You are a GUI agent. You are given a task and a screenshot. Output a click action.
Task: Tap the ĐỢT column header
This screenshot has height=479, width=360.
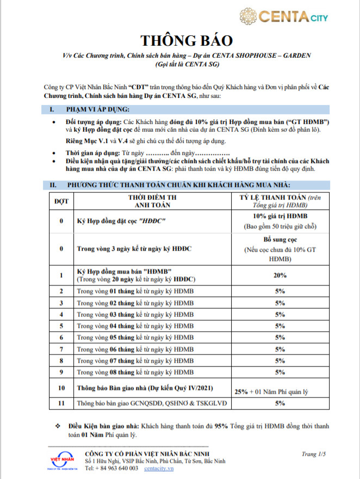[x=61, y=201]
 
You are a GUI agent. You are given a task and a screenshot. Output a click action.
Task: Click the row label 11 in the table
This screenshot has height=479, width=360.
[x=61, y=403]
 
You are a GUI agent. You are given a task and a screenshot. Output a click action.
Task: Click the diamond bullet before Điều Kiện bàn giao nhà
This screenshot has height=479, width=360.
[x=58, y=426]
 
